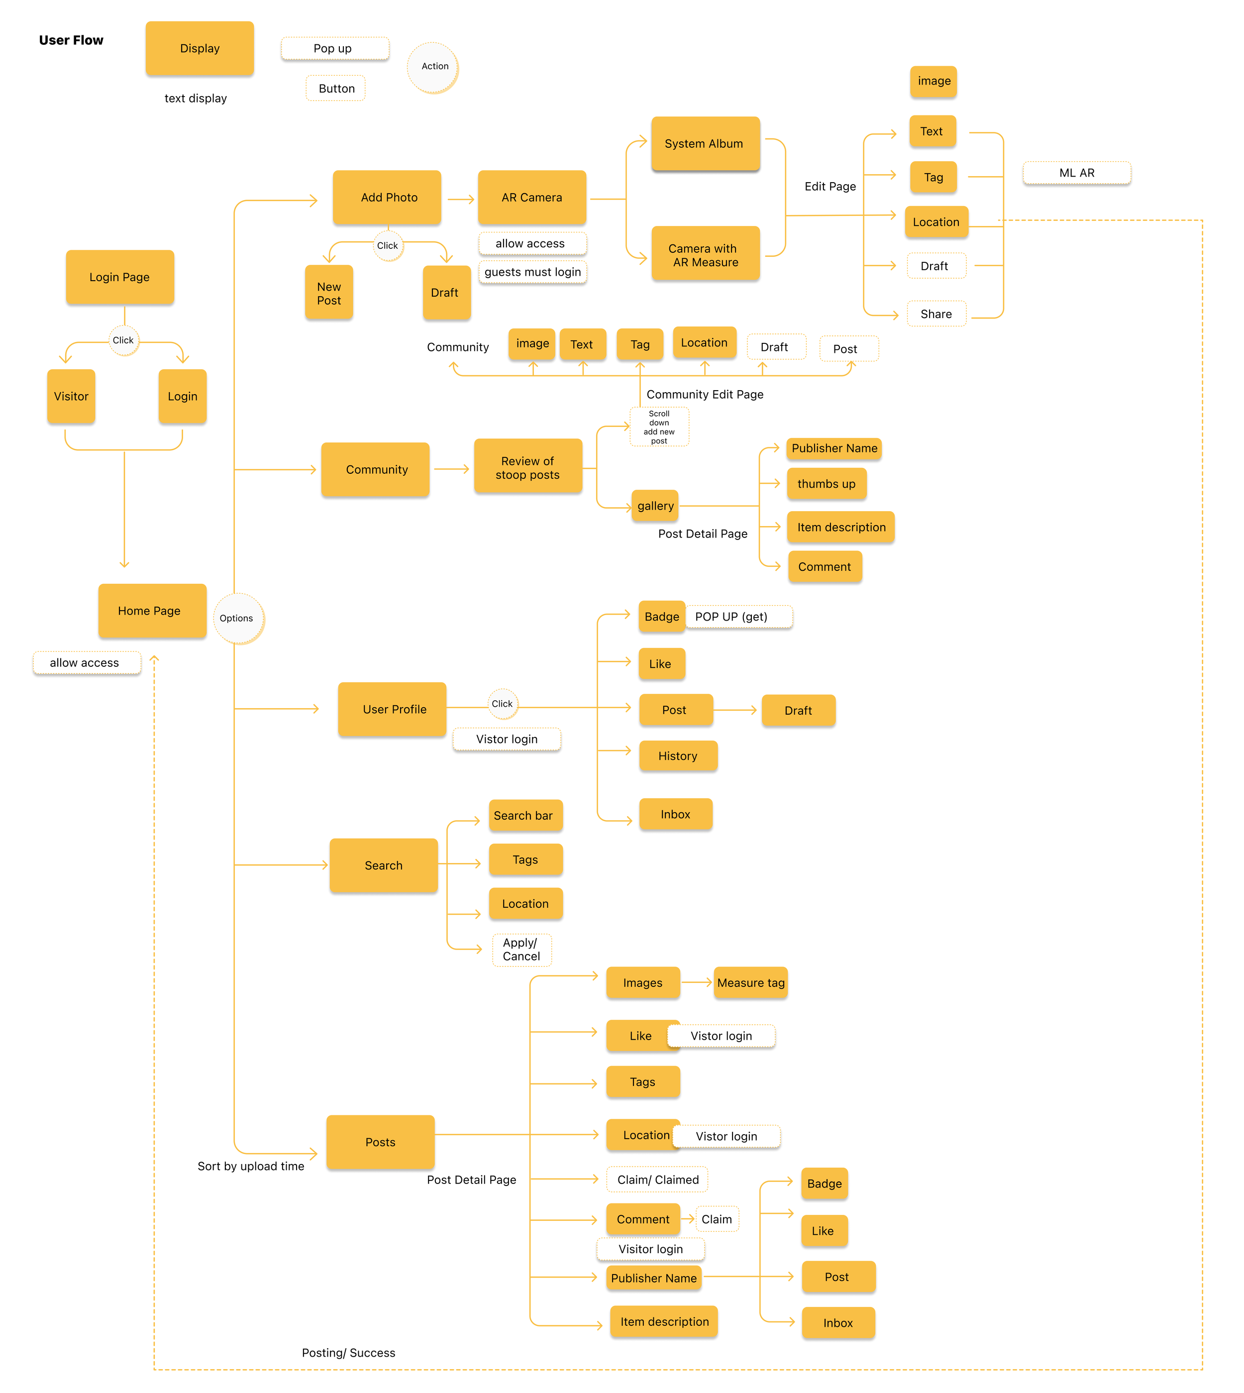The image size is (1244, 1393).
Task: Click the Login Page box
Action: [x=119, y=277]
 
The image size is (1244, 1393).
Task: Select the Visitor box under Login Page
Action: [x=71, y=397]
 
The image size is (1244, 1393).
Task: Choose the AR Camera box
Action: [x=532, y=198]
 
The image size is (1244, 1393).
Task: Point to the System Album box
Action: [x=705, y=143]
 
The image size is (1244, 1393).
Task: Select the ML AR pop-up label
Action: [x=1076, y=173]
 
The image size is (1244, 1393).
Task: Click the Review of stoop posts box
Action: [x=527, y=467]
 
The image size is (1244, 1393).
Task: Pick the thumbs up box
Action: [x=827, y=484]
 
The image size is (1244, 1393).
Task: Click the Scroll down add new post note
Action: [x=659, y=427]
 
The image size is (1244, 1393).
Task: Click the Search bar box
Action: [x=525, y=815]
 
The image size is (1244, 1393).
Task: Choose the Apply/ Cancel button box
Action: [x=521, y=950]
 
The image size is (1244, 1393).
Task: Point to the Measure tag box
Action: [x=750, y=983]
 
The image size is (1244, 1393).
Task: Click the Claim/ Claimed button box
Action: [x=657, y=1179]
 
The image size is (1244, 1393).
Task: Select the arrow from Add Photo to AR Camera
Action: [x=461, y=200]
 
